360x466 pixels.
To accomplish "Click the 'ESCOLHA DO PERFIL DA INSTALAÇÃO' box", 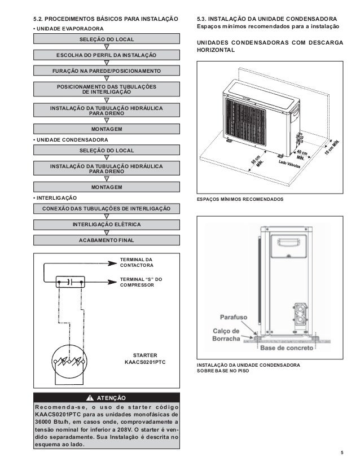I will (106, 55).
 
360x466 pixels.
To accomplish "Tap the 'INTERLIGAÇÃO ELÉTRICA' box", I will (106, 225).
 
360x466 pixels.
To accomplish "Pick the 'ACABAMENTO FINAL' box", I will (106, 240).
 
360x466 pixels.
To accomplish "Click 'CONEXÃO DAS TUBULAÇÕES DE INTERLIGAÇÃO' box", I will (106, 209).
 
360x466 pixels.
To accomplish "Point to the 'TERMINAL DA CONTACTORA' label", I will (137, 261).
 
